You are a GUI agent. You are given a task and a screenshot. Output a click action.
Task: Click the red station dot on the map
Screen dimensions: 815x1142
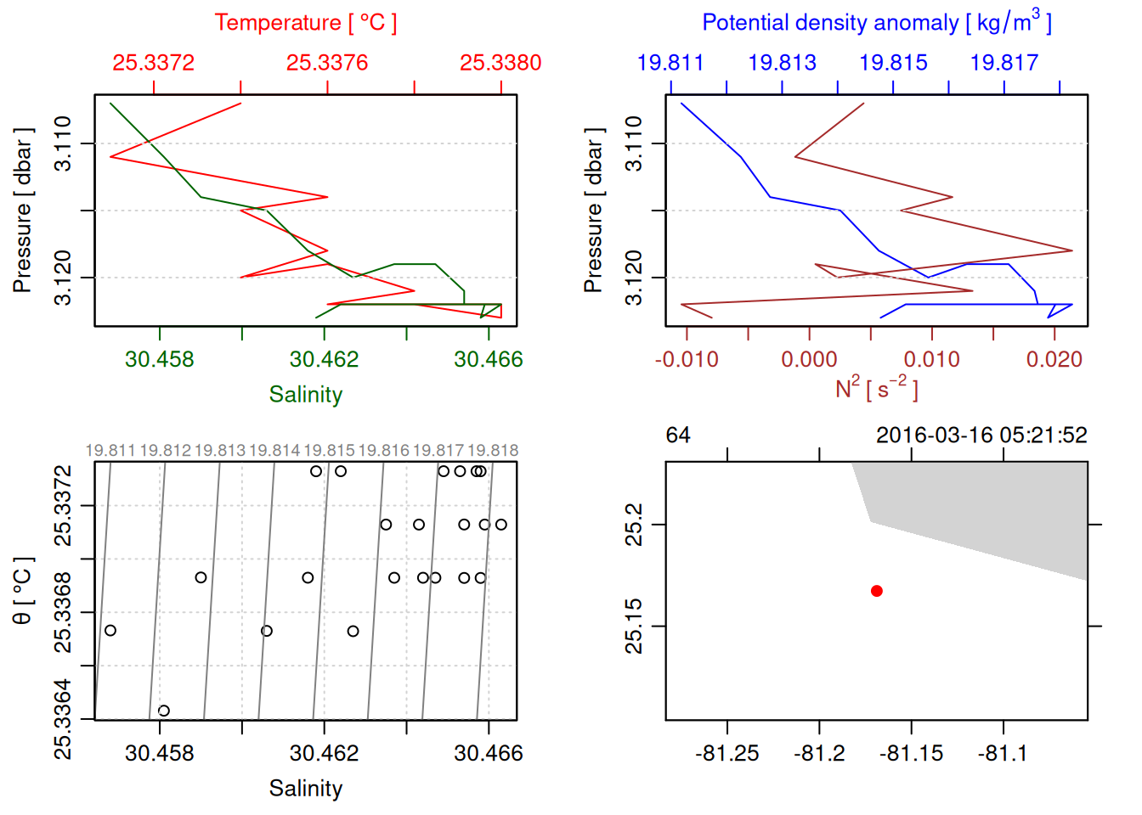pos(877,591)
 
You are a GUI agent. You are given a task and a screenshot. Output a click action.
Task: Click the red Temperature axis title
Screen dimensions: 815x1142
pos(306,23)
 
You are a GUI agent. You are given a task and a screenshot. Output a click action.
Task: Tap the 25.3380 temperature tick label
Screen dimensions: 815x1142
pos(500,63)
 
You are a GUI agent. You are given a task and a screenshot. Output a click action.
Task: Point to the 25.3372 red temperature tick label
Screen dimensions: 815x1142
pos(154,63)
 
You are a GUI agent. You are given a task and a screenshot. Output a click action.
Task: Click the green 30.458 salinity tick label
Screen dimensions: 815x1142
pos(160,359)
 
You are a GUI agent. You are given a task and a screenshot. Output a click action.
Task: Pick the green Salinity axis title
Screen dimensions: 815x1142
pos(306,395)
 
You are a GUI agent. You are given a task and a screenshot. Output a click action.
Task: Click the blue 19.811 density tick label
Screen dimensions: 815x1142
pos(670,63)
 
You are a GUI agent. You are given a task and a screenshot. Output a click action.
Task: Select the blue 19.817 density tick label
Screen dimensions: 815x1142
pos(1004,63)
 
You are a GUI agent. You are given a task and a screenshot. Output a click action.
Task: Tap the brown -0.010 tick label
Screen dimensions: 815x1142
pos(687,359)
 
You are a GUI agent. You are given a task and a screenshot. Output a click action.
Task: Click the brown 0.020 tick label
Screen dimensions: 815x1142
pos(1054,359)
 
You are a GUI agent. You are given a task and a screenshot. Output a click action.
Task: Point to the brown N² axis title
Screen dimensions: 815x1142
pos(877,388)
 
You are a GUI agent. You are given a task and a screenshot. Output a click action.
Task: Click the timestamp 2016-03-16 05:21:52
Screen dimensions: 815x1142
pos(981,436)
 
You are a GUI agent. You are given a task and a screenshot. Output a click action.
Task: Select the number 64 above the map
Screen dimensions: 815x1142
pos(678,436)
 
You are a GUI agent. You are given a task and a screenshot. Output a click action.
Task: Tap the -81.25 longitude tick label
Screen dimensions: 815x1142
pos(727,753)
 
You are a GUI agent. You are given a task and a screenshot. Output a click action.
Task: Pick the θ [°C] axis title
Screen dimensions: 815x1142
pos(22,591)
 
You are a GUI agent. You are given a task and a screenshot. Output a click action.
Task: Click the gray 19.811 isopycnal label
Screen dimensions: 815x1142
pos(110,451)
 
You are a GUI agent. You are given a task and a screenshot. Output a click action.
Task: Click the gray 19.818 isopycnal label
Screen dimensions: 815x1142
pos(493,451)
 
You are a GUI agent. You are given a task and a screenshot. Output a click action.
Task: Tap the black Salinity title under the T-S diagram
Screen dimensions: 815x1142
pos(306,789)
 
